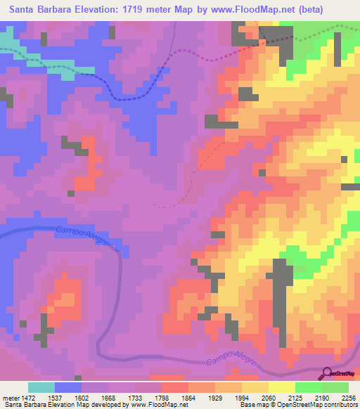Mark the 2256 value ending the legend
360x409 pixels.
pyautogui.click(x=347, y=397)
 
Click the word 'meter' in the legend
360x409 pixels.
pyautogui.click(x=9, y=397)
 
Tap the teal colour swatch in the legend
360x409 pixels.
pyautogui.click(x=41, y=387)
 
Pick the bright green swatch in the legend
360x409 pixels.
pyautogui.click(x=308, y=387)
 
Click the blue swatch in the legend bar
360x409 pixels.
pyautogui.click(x=68, y=387)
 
